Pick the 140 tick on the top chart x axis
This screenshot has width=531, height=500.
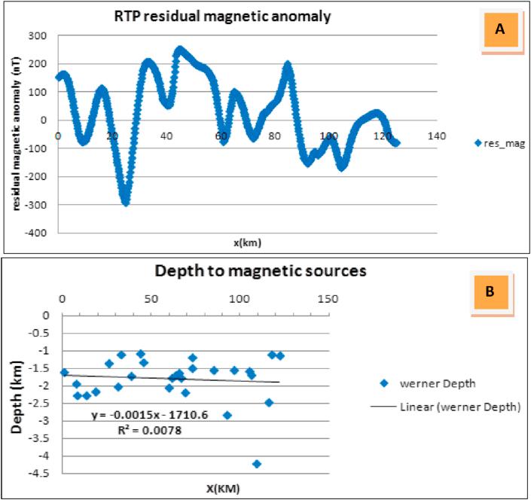pyautogui.click(x=437, y=136)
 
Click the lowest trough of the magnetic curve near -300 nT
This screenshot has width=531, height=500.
pyautogui.click(x=126, y=202)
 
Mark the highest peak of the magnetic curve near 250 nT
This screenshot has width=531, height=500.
pyautogui.click(x=179, y=50)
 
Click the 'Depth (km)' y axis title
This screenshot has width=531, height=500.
pyautogui.click(x=17, y=396)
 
